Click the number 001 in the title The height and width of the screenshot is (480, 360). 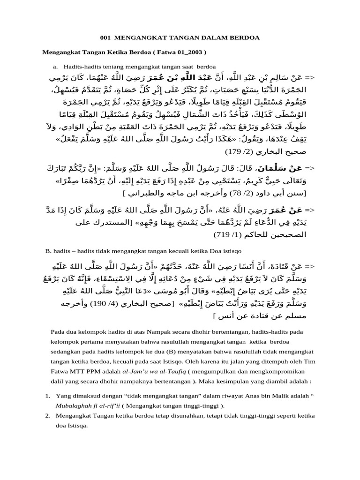(106, 37)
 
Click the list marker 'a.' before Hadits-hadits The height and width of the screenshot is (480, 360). (56, 66)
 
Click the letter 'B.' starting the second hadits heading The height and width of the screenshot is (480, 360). (47, 251)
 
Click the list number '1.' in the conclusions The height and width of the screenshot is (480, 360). (48, 396)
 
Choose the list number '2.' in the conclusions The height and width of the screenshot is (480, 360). (48, 415)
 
